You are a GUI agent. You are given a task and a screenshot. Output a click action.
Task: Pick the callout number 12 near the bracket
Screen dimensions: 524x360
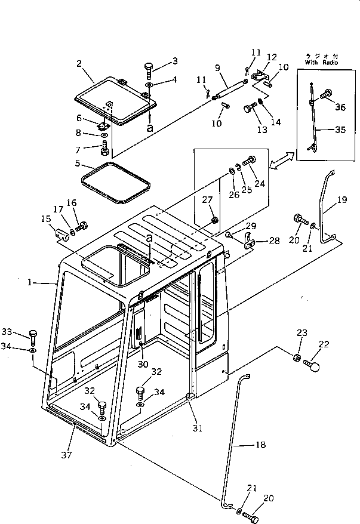272,57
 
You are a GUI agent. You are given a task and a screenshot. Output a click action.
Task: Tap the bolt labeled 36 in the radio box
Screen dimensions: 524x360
327,93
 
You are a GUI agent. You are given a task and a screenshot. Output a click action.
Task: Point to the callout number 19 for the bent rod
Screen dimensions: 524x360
341,201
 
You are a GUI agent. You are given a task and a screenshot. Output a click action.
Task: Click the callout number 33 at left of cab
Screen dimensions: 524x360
23,332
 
